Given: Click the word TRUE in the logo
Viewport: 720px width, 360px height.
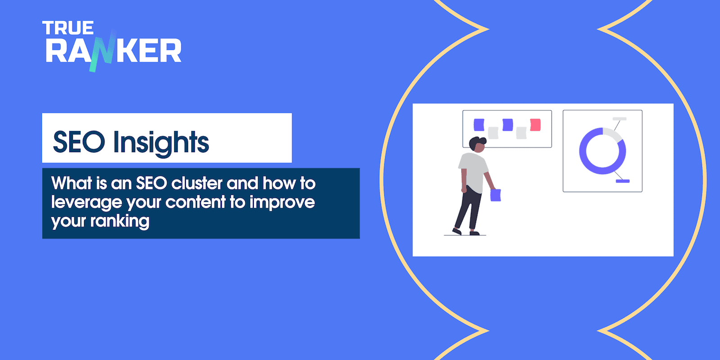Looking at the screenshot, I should tap(68, 28).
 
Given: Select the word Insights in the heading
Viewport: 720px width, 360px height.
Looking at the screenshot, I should tap(161, 143).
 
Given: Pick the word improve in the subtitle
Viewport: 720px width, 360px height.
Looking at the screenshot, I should tap(282, 202).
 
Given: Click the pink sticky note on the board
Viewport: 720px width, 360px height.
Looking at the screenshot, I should tap(535, 125).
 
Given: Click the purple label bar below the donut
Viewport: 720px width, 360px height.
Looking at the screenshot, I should tap(623, 181).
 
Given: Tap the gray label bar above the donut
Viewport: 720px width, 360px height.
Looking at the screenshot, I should tap(620, 119).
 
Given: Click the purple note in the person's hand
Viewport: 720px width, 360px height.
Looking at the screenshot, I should tap(495, 195).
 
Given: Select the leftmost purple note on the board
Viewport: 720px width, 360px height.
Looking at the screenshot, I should tap(479, 124).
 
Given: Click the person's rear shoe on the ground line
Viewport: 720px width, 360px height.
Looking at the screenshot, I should tap(457, 231).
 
